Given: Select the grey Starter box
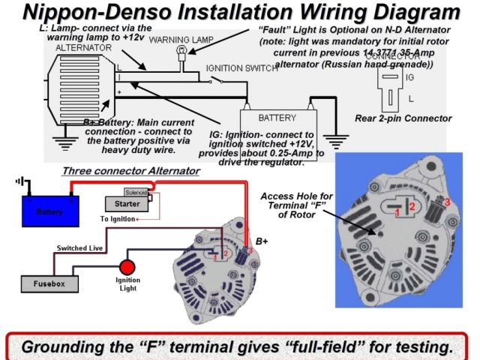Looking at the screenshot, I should tap(122, 203).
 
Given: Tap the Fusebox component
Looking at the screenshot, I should tap(49, 284).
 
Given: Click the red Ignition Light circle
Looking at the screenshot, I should tap(127, 266).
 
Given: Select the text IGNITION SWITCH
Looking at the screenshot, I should tap(239, 67).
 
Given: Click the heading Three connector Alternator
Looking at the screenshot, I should tap(130, 171).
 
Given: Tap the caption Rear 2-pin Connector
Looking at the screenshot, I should tap(413, 118).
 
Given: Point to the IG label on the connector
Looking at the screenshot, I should tap(409, 77).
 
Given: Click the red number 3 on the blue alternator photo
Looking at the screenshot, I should tap(448, 202).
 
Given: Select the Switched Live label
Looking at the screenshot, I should tap(79, 247).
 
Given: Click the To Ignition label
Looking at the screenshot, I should tap(118, 218).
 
